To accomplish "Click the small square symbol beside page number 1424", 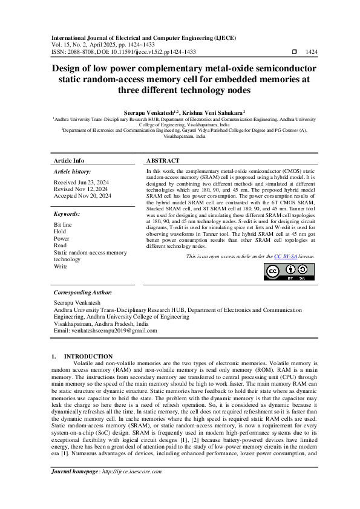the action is coord(294,52).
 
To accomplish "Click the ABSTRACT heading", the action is coord(163,161).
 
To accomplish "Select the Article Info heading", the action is coord(69,161).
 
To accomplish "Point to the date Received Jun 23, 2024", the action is coord(82,182).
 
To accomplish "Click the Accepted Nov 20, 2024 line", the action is coord(83,196).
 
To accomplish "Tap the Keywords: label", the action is coord(67,214).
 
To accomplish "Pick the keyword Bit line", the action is coord(63,224).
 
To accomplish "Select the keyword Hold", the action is coord(60,232).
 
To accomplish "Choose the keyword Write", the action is coord(61,266).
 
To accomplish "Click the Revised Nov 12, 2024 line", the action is coord(82,189).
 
